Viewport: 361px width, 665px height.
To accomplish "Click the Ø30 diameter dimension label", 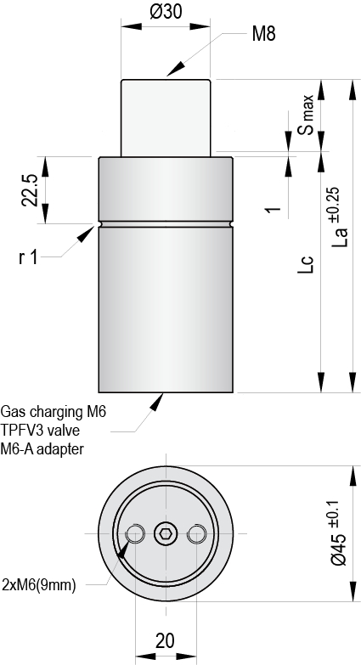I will click(x=166, y=12).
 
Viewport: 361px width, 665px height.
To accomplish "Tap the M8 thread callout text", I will click(x=264, y=35).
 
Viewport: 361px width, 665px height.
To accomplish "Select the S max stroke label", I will click(x=307, y=117).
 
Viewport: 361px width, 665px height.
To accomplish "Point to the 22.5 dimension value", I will click(x=29, y=189).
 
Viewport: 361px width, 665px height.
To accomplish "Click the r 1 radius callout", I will click(x=28, y=256).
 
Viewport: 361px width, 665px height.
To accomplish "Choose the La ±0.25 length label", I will click(x=336, y=217).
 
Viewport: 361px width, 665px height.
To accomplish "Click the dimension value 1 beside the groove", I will click(x=273, y=209).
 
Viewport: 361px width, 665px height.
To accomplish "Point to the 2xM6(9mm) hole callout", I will click(x=40, y=583).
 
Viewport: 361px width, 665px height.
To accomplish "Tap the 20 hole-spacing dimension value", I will click(x=166, y=640).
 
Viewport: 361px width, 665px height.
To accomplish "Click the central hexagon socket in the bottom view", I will click(x=166, y=533).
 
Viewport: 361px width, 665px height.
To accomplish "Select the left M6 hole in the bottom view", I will click(x=134, y=533).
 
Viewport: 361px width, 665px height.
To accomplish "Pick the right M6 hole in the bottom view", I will click(x=197, y=533).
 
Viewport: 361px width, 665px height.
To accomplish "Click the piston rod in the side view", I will click(x=166, y=117).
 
